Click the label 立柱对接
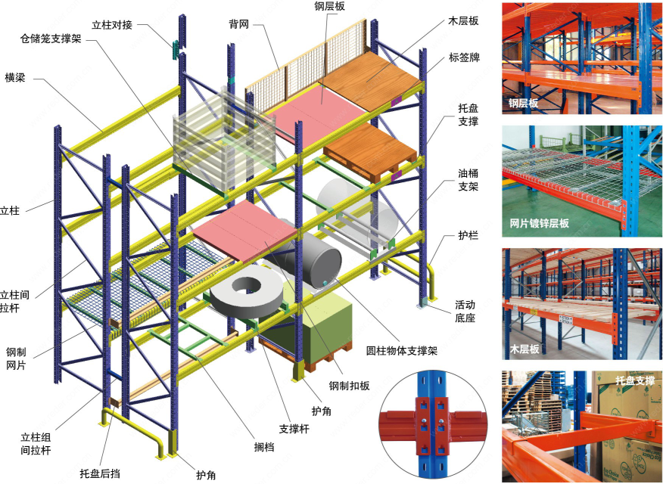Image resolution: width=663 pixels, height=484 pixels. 112,25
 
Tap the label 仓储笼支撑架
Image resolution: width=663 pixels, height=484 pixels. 51,38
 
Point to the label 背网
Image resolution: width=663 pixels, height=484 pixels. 239,24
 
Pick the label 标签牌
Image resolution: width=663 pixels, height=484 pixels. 464,57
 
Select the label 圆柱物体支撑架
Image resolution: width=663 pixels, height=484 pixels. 400,351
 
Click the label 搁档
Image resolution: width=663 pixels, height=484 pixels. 264,446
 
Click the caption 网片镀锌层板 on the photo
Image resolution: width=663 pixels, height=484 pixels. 540,223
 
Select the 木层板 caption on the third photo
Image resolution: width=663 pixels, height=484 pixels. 524,349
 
